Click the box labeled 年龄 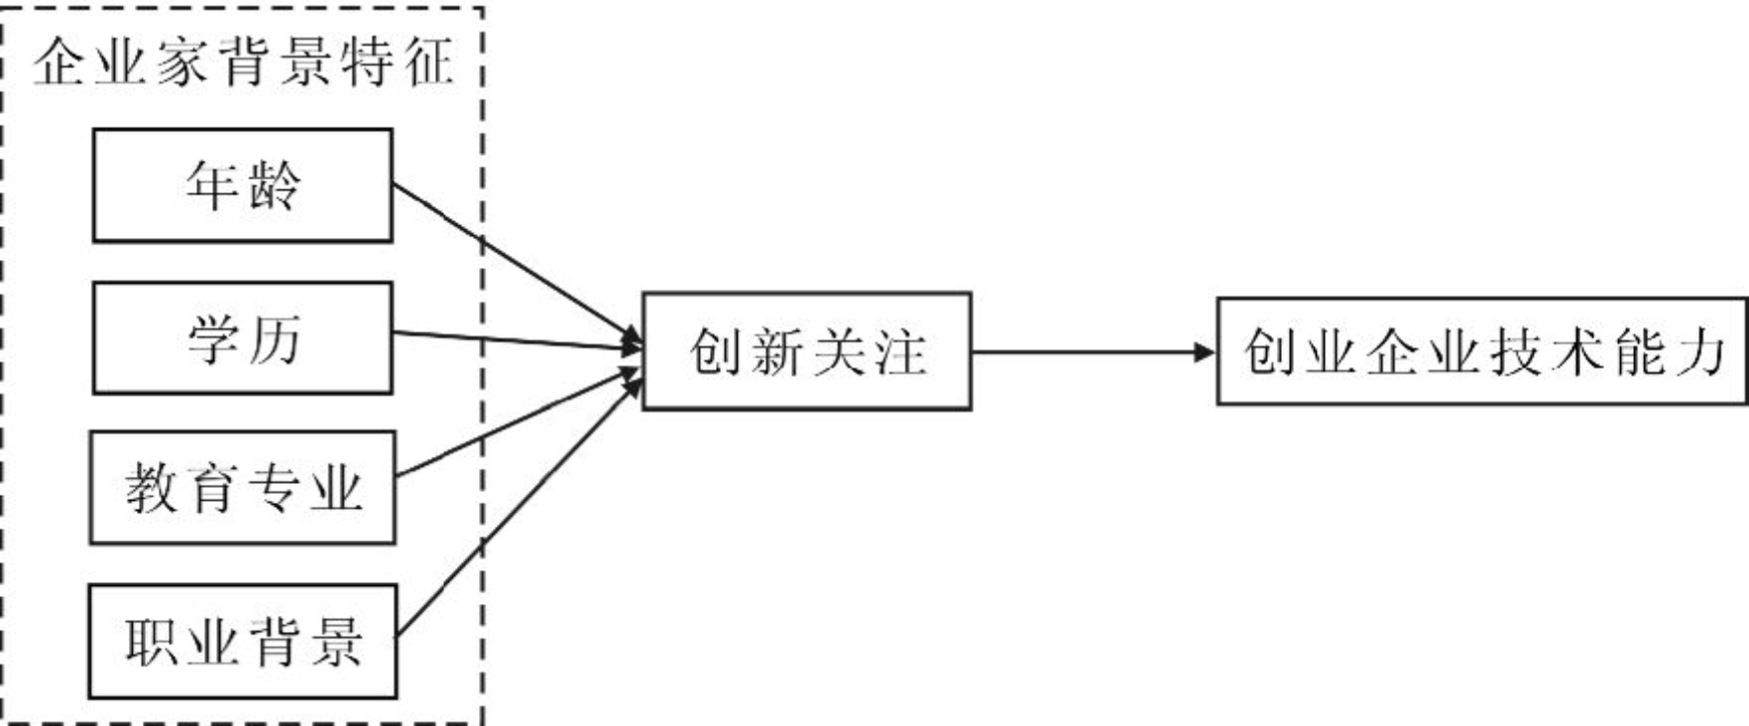coord(242,185)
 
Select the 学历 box coord(242,338)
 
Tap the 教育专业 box coord(242,487)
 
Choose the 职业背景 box coord(242,641)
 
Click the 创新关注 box coord(806,351)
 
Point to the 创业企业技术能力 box coord(1481,351)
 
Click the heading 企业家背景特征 coord(243,62)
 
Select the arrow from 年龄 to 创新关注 coord(516,262)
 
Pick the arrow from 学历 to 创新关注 coord(516,340)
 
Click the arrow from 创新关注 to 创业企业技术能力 coord(1091,351)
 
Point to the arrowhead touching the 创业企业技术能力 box coord(1205,351)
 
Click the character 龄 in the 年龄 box coord(273,185)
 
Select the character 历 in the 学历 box coord(273,339)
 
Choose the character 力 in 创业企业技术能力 coord(1698,352)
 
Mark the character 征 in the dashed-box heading coord(428,62)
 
